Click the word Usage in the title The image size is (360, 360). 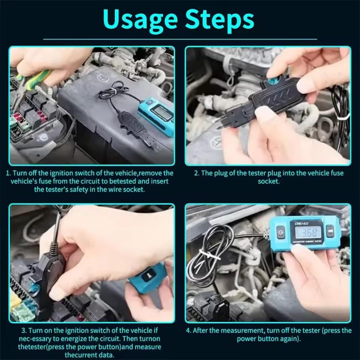pyautogui.click(x=141, y=19)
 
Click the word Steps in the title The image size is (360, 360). pyautogui.click(x=220, y=19)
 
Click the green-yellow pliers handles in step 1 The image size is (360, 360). pyautogui.click(x=34, y=79)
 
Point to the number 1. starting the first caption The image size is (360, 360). pyautogui.click(x=8, y=173)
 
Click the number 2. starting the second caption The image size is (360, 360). pyautogui.click(x=197, y=173)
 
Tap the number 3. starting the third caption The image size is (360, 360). pyautogui.click(x=24, y=331)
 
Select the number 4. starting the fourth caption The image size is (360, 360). pyautogui.click(x=189, y=331)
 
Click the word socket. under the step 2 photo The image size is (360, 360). pyautogui.click(x=268, y=181)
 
